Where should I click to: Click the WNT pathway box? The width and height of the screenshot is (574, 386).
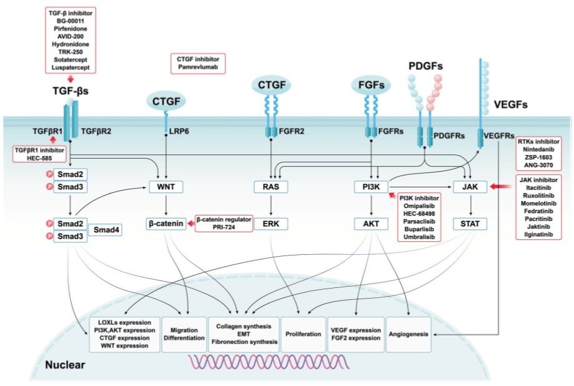(x=166, y=186)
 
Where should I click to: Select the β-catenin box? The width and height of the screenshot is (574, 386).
(x=167, y=222)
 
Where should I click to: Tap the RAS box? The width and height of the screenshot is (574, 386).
(x=270, y=186)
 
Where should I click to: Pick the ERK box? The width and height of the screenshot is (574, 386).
(x=270, y=222)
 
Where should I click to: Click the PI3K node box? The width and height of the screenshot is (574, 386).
(x=371, y=186)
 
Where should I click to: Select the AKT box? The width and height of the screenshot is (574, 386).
(x=371, y=222)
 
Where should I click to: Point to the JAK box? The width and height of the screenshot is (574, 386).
(x=470, y=186)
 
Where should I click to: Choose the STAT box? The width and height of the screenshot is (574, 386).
(x=470, y=222)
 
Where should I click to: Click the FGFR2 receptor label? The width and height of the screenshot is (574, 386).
(x=294, y=132)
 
